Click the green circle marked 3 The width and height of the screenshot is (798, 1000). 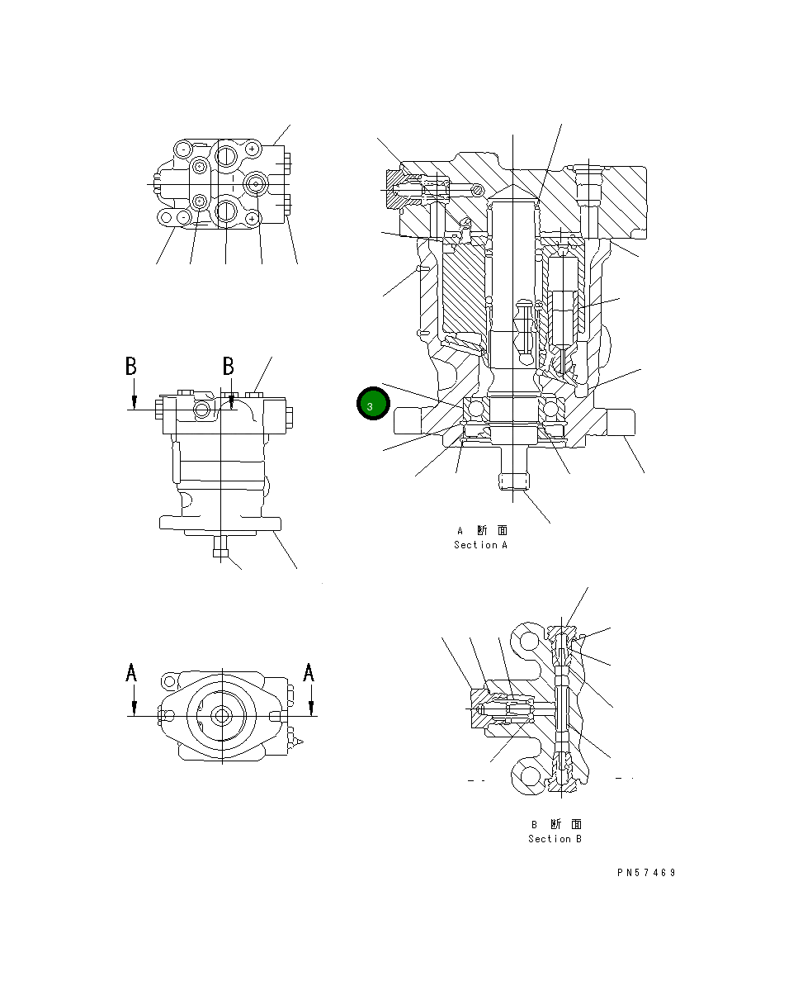click(x=371, y=405)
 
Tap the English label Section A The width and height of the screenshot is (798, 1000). click(x=481, y=545)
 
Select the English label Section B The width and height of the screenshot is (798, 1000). click(x=555, y=839)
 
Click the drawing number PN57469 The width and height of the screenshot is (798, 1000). click(x=645, y=873)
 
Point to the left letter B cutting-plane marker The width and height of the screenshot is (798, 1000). click(x=130, y=366)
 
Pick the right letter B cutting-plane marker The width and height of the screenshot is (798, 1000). click(x=229, y=366)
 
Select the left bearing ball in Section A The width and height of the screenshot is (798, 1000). click(x=475, y=409)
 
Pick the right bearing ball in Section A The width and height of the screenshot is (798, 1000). click(x=552, y=409)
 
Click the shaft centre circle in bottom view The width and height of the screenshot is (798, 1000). click(x=220, y=716)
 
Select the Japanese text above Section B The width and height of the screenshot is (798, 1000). click(x=555, y=824)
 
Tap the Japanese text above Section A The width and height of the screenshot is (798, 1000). click(x=482, y=531)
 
